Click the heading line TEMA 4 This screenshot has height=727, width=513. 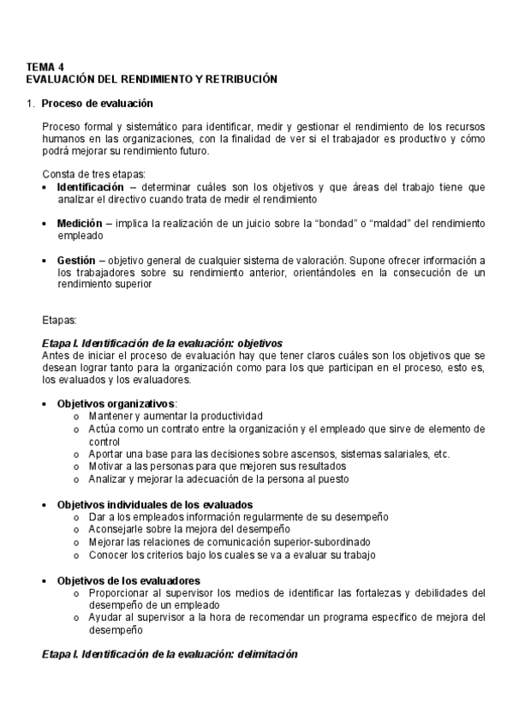click(x=45, y=67)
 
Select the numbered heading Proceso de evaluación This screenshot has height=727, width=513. click(x=97, y=104)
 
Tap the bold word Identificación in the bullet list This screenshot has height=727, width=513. click(x=90, y=187)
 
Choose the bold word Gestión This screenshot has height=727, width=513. click(x=75, y=261)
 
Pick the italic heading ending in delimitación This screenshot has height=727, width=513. click(x=170, y=654)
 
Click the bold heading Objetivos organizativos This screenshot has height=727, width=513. click(x=116, y=404)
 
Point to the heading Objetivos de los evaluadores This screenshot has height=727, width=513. click(x=128, y=580)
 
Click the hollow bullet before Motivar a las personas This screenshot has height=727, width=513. click(x=77, y=466)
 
